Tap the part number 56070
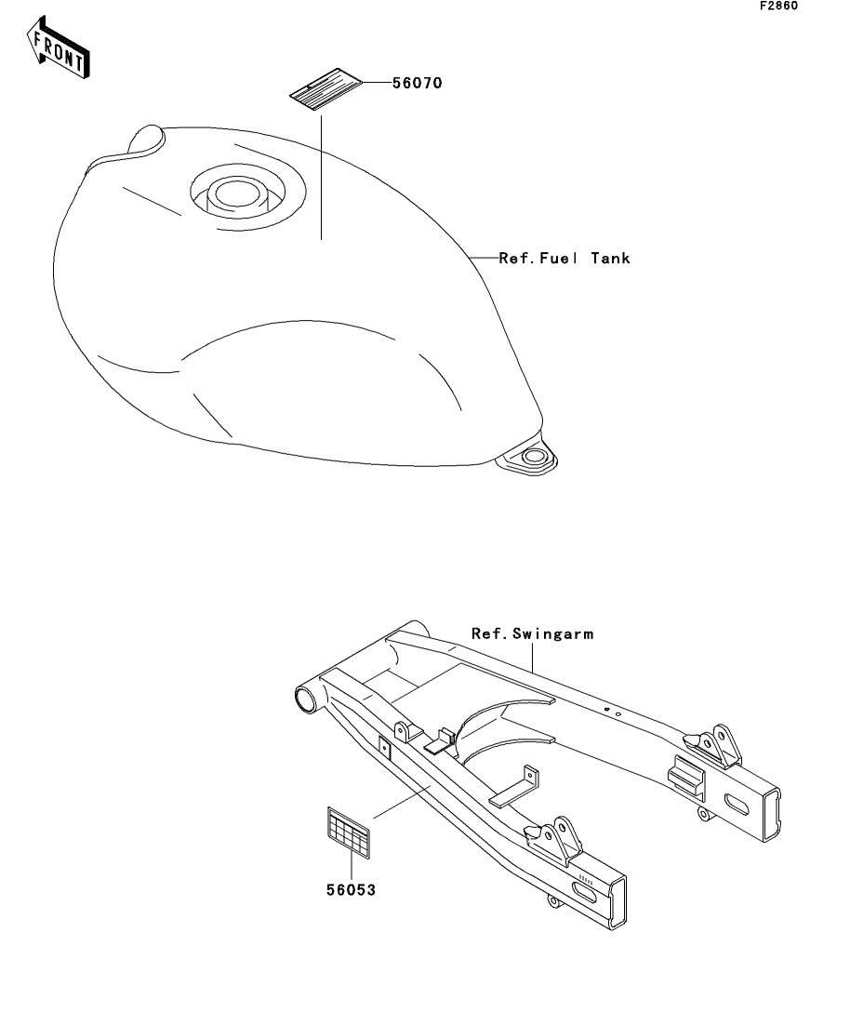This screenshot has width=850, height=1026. (x=417, y=83)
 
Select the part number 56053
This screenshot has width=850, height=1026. (x=351, y=890)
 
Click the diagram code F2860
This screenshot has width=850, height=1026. (x=779, y=6)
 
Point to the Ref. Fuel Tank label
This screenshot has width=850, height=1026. (x=564, y=258)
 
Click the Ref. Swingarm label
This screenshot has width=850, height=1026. (x=532, y=633)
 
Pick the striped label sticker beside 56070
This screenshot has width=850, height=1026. (x=323, y=91)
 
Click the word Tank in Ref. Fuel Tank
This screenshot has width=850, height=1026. (x=610, y=258)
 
